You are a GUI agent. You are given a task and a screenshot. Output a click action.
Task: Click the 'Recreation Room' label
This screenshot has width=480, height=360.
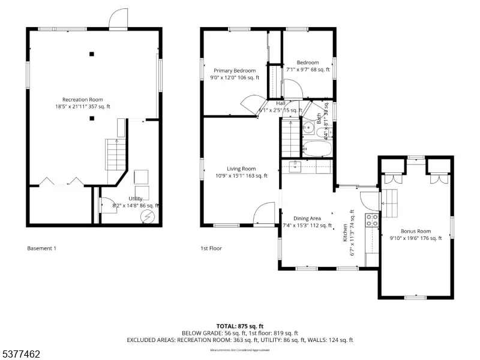click(x=83, y=100)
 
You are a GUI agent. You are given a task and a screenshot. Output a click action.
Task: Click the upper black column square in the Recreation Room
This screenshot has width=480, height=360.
click(x=92, y=54)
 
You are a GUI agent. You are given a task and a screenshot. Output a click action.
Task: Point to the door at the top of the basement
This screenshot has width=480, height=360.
click(x=118, y=19)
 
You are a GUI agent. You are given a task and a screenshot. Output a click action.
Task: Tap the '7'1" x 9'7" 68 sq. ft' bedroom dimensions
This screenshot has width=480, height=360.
click(x=307, y=70)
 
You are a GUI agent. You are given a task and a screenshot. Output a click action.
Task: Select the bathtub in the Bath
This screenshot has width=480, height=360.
click(x=315, y=148)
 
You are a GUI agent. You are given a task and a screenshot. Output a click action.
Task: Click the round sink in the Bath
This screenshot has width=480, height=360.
click(x=307, y=127)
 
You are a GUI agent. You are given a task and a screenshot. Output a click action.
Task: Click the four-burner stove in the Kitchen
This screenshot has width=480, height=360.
click(x=373, y=220)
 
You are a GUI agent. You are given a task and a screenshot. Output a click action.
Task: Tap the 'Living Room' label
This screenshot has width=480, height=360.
click(x=241, y=169)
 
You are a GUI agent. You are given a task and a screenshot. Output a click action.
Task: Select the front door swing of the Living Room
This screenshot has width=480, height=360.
click(x=264, y=213)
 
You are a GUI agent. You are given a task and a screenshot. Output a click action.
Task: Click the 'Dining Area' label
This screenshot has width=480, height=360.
click(x=307, y=218)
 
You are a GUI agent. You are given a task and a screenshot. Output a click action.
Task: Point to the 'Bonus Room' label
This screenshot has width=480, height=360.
click(x=416, y=231)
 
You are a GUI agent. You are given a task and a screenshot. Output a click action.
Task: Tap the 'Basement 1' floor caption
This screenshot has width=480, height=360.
click(x=42, y=248)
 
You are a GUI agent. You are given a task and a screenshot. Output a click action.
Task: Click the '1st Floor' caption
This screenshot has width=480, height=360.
click(x=211, y=248)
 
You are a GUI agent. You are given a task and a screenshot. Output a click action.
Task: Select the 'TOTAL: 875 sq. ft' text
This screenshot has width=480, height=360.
click(x=239, y=326)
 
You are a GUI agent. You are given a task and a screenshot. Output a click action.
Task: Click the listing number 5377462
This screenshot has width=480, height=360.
click(x=21, y=355)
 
